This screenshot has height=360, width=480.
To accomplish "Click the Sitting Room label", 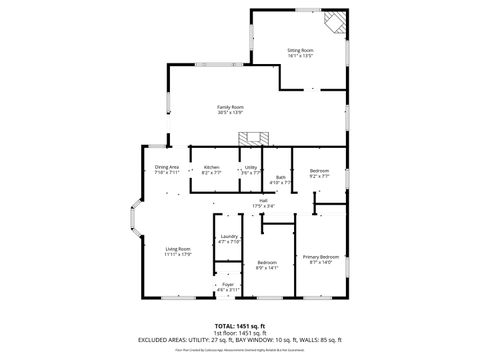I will pyautogui.click(x=300, y=50).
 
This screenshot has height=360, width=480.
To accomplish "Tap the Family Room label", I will pyautogui.click(x=231, y=107).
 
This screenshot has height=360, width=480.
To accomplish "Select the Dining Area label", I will pyautogui.click(x=167, y=166).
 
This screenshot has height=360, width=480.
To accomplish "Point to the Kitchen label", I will pyautogui.click(x=212, y=167).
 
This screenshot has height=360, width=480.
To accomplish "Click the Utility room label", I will pyautogui.click(x=251, y=167).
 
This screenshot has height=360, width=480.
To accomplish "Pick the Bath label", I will pyautogui.click(x=281, y=177).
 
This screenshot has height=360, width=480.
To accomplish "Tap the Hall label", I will pyautogui.click(x=263, y=201).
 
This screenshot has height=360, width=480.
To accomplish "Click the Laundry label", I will pyautogui.click(x=229, y=236).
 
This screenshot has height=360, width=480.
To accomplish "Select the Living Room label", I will pyautogui.click(x=178, y=249).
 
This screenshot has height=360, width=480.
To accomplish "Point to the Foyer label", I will pyautogui.click(x=228, y=284).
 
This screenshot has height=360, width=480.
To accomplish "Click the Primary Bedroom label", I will pyautogui.click(x=321, y=257).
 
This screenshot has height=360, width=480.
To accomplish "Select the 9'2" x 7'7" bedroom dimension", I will pyautogui.click(x=319, y=175).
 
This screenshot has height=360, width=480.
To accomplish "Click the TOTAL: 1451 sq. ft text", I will pyautogui.click(x=240, y=326).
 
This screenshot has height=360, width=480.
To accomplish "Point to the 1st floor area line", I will pyautogui.click(x=240, y=332).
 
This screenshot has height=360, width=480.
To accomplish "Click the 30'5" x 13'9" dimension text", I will pyautogui.click(x=231, y=113).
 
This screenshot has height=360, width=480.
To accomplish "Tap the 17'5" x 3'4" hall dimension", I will pyautogui.click(x=263, y=207).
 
